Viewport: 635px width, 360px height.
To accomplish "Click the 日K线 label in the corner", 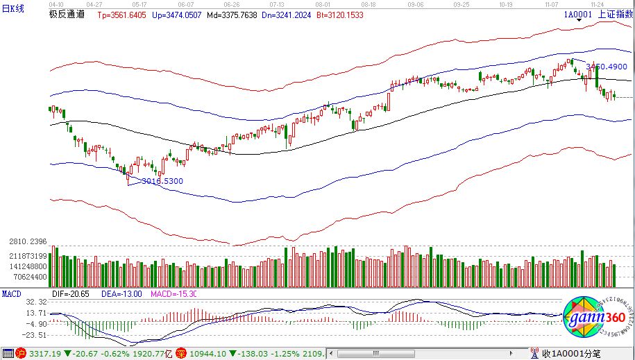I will pyautogui.click(x=12, y=8).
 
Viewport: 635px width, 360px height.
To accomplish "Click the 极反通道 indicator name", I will pyautogui.click(x=67, y=14).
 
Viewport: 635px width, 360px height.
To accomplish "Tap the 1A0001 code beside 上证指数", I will pyautogui.click(x=577, y=14).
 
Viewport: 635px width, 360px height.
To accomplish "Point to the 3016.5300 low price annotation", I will pyautogui.click(x=162, y=181).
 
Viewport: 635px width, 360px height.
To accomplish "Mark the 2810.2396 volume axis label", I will pyautogui.click(x=24, y=241).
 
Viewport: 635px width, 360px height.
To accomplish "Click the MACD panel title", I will pyautogui.click(x=11, y=294).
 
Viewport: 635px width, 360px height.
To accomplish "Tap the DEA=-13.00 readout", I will pyautogui.click(x=122, y=294).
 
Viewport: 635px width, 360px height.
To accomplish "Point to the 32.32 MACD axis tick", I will pyautogui.click(x=37, y=302).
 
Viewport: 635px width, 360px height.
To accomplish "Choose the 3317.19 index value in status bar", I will pyautogui.click(x=42, y=354).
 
